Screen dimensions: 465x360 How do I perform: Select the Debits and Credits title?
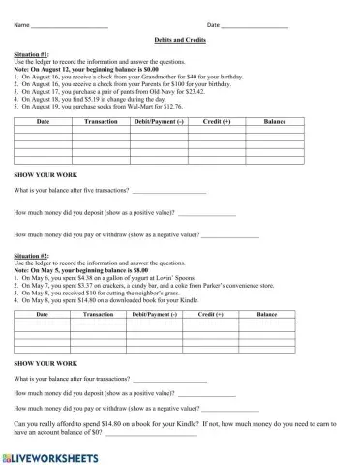pyautogui.click(x=180, y=41)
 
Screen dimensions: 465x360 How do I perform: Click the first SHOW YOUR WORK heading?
pyautogui.click(x=43, y=174)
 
